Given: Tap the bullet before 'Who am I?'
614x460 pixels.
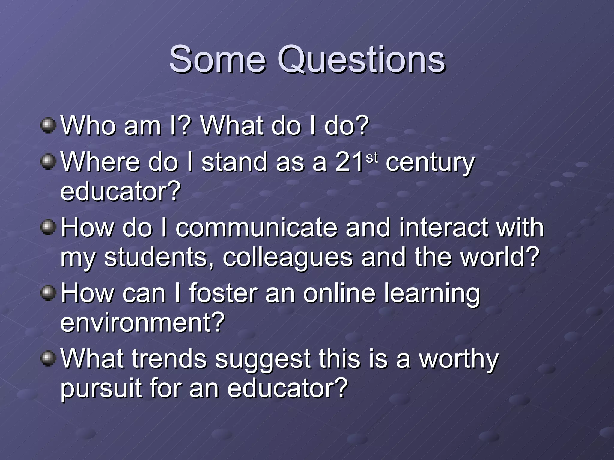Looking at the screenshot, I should click(x=48, y=125).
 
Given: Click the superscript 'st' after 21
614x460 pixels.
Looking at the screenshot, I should click(x=372, y=158).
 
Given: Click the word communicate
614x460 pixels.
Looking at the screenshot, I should click(x=256, y=228).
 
